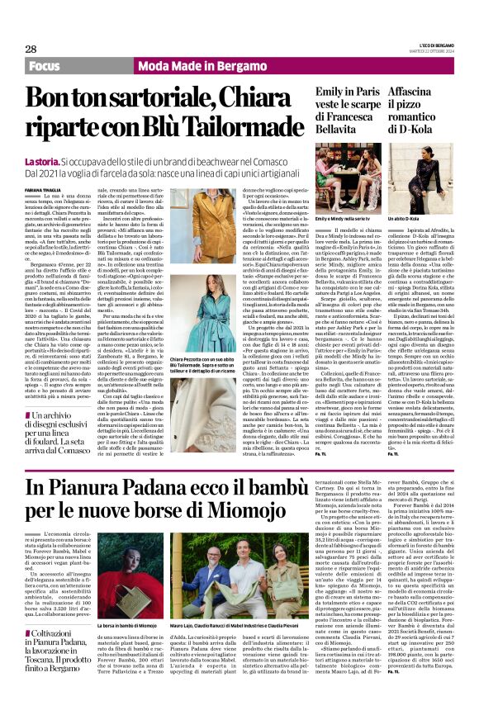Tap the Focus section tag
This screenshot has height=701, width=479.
point(49,64)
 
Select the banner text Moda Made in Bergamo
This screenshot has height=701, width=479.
point(169,64)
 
